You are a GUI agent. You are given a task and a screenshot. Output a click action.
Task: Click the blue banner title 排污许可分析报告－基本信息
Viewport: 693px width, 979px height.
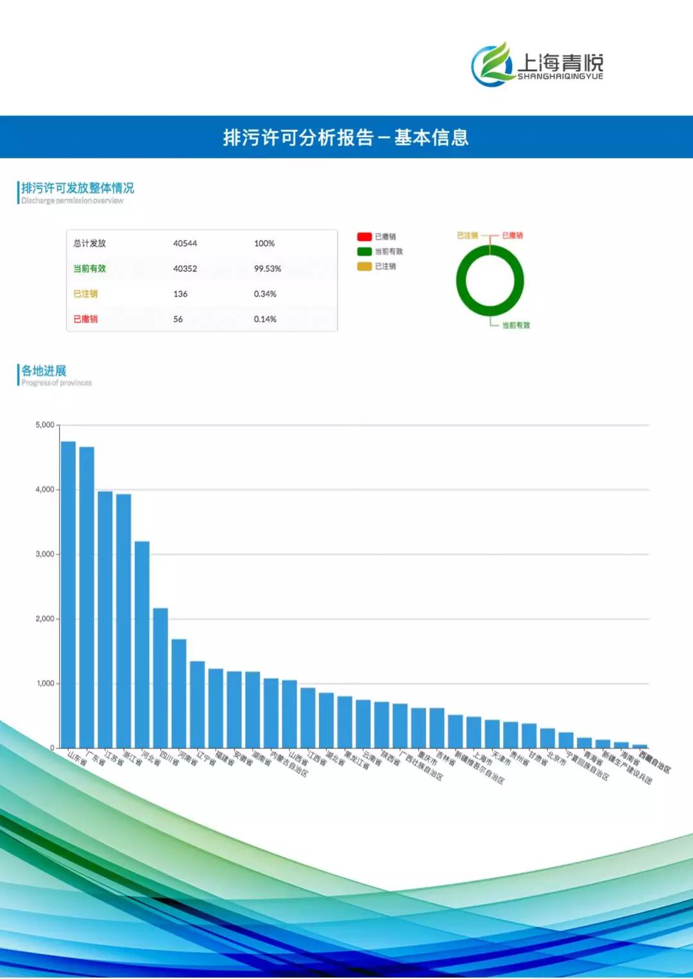[346, 137]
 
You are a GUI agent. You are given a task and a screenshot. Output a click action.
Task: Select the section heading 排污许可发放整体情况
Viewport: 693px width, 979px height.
[78, 188]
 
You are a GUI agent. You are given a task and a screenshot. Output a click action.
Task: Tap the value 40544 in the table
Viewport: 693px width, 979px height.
[185, 244]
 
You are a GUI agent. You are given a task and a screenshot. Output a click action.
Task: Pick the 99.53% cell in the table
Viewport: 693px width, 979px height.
[268, 269]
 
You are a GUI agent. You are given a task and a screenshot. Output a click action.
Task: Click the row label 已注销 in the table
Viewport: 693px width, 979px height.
[85, 294]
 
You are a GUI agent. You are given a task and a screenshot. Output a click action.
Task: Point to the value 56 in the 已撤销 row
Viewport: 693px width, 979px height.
[178, 319]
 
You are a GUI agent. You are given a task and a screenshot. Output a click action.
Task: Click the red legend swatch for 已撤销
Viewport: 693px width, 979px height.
[364, 237]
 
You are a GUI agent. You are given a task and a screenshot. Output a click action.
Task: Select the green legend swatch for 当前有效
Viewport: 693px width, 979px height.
[364, 251]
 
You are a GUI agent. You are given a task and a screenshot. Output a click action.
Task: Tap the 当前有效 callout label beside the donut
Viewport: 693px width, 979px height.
[516, 325]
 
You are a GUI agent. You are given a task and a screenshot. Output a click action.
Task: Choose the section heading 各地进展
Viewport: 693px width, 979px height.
[44, 371]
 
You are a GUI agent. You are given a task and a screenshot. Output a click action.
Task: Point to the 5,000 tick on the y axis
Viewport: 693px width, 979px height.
[45, 425]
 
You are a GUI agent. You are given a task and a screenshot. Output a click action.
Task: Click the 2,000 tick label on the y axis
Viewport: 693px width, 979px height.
[45, 619]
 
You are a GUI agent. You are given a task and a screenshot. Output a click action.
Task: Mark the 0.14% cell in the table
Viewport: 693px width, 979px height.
[265, 319]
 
